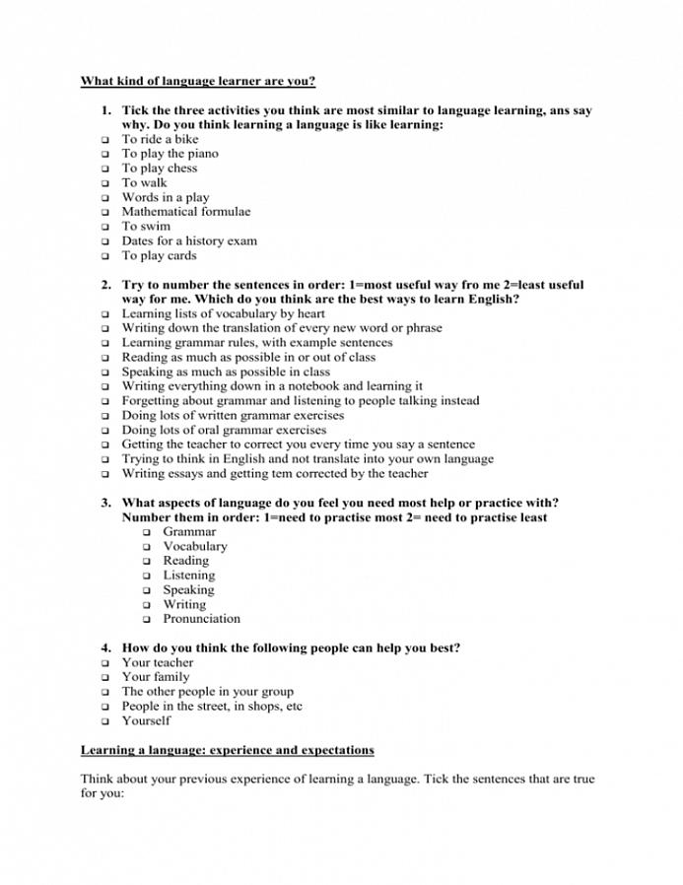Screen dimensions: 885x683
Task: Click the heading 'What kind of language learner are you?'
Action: pos(197,81)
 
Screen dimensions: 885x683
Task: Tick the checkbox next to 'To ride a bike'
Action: pos(103,140)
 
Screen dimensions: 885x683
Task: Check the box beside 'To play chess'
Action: pos(103,169)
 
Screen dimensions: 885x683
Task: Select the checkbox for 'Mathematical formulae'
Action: pos(103,212)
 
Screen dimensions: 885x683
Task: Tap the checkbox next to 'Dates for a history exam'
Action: pos(103,241)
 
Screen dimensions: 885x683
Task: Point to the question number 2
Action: pos(104,285)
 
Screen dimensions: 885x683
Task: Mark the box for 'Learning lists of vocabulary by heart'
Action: pos(103,314)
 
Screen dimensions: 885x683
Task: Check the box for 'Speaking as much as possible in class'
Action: pos(103,373)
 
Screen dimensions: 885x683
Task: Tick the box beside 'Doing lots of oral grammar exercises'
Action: pos(103,431)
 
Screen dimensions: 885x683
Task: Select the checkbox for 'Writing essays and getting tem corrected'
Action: pos(103,474)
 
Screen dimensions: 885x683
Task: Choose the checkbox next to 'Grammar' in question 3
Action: pos(145,532)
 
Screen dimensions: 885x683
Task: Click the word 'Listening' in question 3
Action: pos(188,575)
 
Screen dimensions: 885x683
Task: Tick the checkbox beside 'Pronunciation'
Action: pos(145,620)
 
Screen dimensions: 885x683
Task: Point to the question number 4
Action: pos(104,647)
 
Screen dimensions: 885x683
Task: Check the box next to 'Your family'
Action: pos(103,678)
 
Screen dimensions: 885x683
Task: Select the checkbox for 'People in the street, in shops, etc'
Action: pos(103,707)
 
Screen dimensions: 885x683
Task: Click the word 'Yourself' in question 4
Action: pos(146,720)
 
